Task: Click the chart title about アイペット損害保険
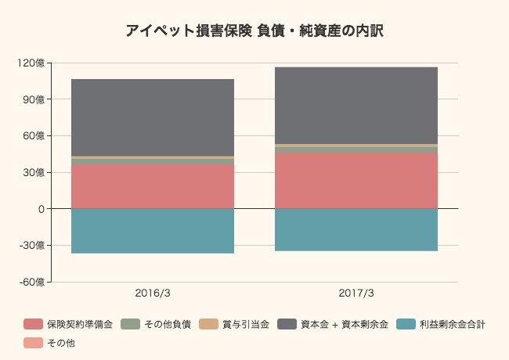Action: [254, 31]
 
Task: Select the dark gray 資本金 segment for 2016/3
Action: [153, 117]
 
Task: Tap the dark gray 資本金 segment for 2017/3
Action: [356, 106]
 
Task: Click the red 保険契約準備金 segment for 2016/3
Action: [153, 186]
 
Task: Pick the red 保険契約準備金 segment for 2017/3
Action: [356, 181]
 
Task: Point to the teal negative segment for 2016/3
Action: [153, 231]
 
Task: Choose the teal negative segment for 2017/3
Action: [356, 229]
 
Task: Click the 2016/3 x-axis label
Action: [153, 293]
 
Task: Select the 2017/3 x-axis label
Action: [356, 293]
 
